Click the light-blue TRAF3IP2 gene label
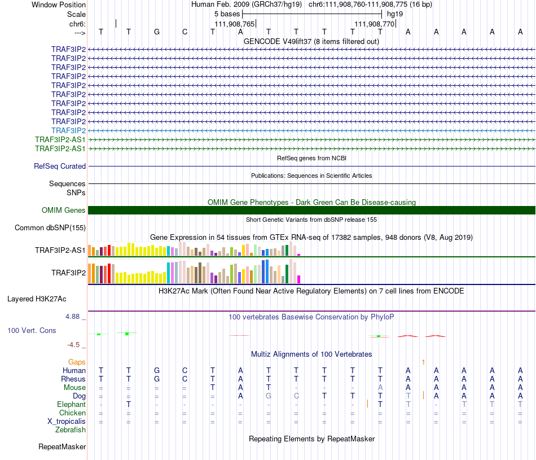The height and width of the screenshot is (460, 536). (68, 130)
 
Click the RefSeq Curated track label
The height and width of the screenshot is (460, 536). (60, 167)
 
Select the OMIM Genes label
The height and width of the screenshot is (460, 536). (64, 210)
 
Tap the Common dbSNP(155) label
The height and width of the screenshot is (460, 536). (50, 228)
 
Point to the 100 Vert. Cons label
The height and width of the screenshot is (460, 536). (32, 330)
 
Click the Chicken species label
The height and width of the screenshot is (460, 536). (72, 413)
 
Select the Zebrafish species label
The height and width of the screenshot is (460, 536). (71, 430)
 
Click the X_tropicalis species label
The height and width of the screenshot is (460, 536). (67, 422)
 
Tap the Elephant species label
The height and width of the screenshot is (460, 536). (71, 405)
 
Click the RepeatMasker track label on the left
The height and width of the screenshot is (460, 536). (62, 447)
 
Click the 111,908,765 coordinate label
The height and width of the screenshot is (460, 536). (235, 24)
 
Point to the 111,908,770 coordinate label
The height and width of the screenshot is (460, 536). (374, 24)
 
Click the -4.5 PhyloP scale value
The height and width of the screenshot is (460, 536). (74, 344)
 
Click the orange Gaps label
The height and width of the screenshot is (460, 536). (77, 362)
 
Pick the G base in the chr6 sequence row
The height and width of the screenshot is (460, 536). (157, 32)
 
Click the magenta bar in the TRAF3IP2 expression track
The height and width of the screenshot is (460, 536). (299, 279)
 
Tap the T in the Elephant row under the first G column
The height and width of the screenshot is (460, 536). (129, 404)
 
